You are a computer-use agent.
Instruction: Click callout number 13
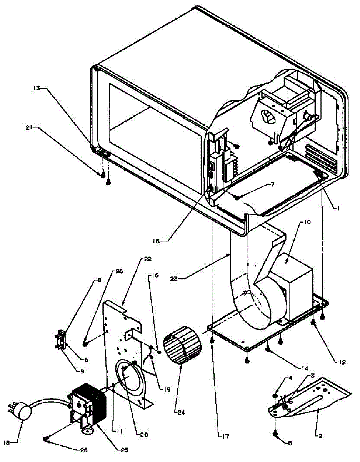point(37,89)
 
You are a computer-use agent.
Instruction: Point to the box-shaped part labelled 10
point(294,285)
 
